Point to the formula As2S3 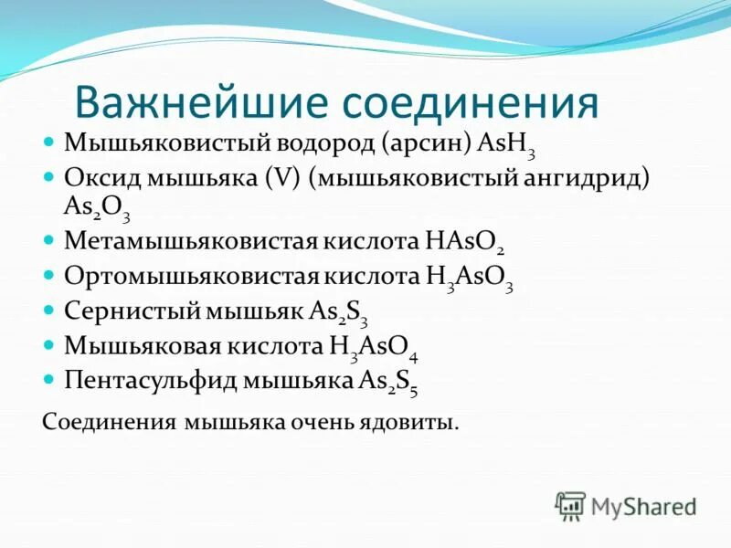339,311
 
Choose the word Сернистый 123,310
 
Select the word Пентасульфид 147,380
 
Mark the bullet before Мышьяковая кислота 50,345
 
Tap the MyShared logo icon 570,505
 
